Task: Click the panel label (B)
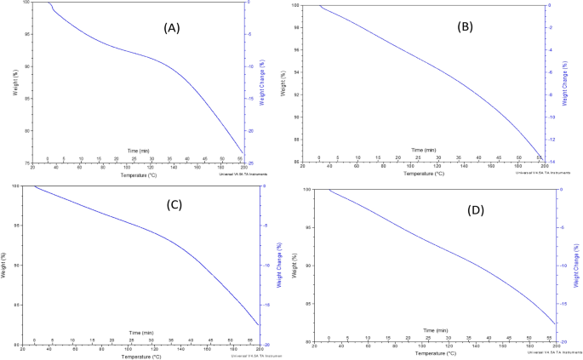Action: [x=466, y=26]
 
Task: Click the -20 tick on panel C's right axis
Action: [x=267, y=344]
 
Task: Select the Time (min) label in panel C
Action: [x=141, y=331]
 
